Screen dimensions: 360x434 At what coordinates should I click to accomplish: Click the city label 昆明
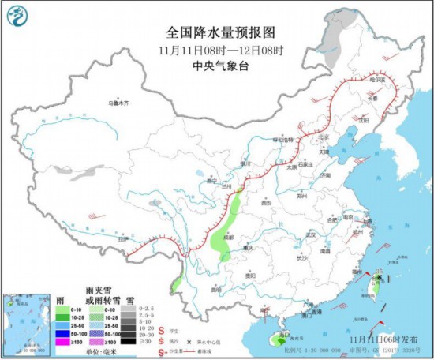[216, 289]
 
